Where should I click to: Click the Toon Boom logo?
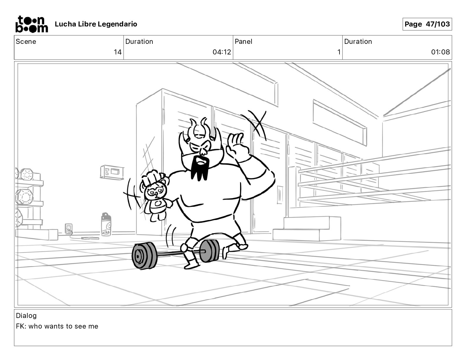point(32,24)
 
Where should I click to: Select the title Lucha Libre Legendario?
point(96,24)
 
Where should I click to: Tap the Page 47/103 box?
point(427,24)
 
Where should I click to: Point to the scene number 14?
point(117,52)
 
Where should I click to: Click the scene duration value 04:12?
point(222,52)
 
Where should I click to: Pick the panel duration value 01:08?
point(440,52)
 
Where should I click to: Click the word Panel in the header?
point(243,41)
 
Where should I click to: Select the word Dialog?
point(26,316)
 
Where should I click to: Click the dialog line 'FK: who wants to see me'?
point(57,326)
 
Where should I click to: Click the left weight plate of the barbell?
point(144,256)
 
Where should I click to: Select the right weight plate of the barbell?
point(209,251)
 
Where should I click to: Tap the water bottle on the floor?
point(106,224)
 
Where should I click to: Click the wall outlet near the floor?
point(69,229)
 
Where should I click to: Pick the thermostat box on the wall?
point(112,172)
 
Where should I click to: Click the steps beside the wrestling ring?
point(307,229)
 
